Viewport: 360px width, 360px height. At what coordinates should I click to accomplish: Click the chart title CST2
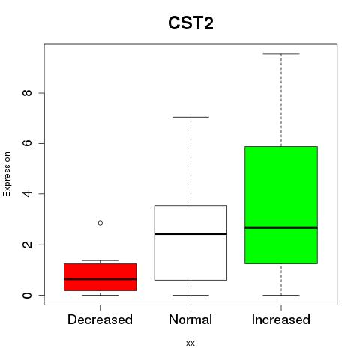[x=190, y=23]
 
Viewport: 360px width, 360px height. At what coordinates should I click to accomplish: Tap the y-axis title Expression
[x=7, y=174]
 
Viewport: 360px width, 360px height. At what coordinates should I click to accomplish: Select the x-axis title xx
[x=190, y=343]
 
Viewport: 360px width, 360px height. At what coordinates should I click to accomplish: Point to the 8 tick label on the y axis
[x=27, y=93]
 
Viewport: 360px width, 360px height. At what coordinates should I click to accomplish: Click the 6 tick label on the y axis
[x=27, y=143]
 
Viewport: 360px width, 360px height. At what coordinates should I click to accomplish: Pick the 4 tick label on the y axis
[x=27, y=193]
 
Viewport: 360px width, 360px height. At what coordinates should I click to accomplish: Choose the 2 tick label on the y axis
[x=27, y=244]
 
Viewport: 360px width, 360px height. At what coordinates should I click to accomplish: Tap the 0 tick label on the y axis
[x=27, y=295]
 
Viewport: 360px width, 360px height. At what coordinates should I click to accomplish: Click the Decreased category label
[x=100, y=319]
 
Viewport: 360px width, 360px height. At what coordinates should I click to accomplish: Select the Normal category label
[x=190, y=319]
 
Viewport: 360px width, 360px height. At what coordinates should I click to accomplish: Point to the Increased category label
[x=281, y=319]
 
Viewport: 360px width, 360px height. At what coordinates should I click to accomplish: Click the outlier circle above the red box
[x=100, y=223]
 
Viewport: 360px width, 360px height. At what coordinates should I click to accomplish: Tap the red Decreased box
[x=100, y=277]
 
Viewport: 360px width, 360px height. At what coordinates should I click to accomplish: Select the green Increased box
[x=281, y=205]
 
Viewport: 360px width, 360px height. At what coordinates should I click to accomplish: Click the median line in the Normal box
[x=190, y=234]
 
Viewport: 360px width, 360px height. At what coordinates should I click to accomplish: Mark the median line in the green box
[x=281, y=228]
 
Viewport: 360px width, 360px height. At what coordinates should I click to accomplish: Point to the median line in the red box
[x=100, y=279]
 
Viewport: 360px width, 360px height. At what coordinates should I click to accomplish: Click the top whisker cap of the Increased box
[x=281, y=54]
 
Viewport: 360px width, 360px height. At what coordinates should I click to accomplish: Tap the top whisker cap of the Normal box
[x=190, y=117]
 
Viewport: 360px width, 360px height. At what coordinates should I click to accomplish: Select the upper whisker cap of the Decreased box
[x=100, y=260]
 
